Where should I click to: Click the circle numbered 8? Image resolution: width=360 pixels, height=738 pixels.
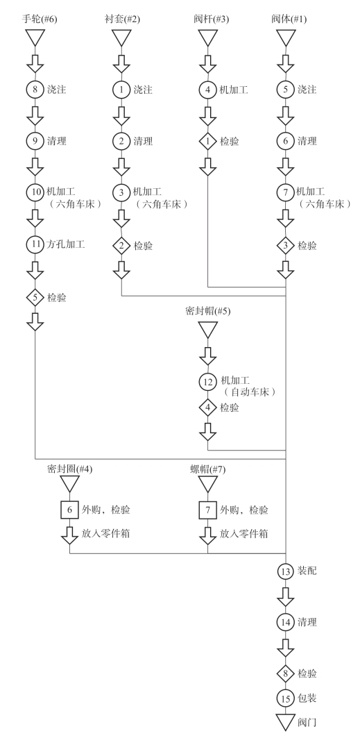[35, 89]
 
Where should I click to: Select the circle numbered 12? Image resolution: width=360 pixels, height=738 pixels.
[207, 382]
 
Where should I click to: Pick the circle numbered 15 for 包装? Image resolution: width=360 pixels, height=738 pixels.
[285, 698]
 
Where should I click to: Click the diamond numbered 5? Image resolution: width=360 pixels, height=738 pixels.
[35, 297]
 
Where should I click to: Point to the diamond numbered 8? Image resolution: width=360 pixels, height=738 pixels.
[285, 673]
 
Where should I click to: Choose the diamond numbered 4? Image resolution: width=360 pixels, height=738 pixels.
[207, 408]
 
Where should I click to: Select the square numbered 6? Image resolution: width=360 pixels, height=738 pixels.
[69, 510]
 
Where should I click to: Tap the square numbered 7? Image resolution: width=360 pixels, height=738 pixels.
[207, 510]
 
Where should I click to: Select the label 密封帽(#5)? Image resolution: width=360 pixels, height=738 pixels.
[208, 311]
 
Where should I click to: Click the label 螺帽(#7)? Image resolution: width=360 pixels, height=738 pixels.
[208, 469]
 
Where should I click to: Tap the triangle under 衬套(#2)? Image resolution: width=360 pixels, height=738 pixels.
[121, 37]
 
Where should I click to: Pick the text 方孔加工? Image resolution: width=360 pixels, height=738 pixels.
[66, 245]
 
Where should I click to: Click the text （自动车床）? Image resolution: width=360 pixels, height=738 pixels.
[248, 392]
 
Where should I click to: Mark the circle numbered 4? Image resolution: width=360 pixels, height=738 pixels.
[207, 89]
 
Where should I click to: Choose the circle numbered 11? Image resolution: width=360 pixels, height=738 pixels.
[35, 245]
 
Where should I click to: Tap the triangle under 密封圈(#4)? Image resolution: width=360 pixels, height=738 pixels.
[69, 484]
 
